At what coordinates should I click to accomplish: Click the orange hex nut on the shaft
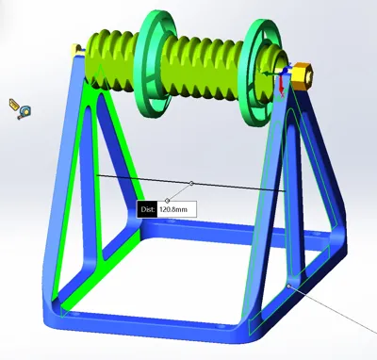point(303,74)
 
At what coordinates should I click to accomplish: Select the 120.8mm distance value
point(173,209)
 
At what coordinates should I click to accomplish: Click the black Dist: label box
point(147,209)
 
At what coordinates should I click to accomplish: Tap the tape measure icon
point(21,108)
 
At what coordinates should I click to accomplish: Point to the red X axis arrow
point(282,86)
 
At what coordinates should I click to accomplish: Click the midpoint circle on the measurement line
point(191,183)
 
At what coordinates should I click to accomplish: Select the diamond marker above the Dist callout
point(168,201)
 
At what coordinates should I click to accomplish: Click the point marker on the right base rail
point(289,286)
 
